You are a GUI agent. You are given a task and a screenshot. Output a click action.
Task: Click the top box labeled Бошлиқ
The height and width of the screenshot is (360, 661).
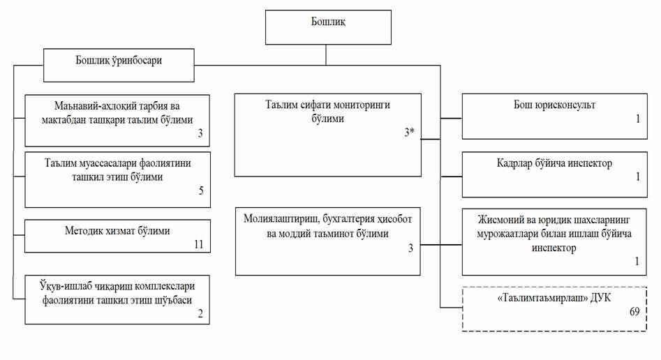pyautogui.click(x=328, y=22)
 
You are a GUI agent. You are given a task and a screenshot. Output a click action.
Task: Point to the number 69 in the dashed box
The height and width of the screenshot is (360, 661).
pyautogui.click(x=634, y=312)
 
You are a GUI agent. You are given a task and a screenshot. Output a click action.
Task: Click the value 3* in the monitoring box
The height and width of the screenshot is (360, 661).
pyautogui.click(x=410, y=133)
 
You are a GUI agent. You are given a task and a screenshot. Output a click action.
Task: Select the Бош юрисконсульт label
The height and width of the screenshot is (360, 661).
pyautogui.click(x=549, y=105)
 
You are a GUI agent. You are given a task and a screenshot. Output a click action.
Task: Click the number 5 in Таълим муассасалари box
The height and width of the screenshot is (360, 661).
pyautogui.click(x=201, y=190)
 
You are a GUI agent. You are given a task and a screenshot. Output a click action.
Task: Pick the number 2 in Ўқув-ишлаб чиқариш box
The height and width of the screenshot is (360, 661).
pyautogui.click(x=201, y=315)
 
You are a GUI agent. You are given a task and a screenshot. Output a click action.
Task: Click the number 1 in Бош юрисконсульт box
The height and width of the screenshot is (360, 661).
pyautogui.click(x=637, y=119)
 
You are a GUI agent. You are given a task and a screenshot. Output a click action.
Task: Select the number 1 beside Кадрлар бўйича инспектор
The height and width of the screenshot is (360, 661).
pyautogui.click(x=637, y=177)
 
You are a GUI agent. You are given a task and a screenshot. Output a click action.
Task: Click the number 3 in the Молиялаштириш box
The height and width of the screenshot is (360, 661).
pyautogui.click(x=411, y=248)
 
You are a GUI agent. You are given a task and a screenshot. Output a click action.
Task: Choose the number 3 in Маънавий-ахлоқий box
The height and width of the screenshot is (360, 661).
pyautogui.click(x=200, y=133)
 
